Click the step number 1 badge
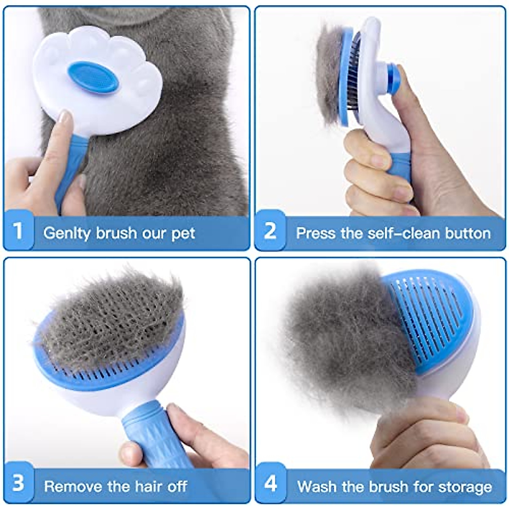[18, 231]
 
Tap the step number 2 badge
[270, 231]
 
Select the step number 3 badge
[18, 484]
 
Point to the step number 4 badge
[271, 484]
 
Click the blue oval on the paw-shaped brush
[93, 77]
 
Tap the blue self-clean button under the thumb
[394, 78]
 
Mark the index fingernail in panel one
[64, 117]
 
